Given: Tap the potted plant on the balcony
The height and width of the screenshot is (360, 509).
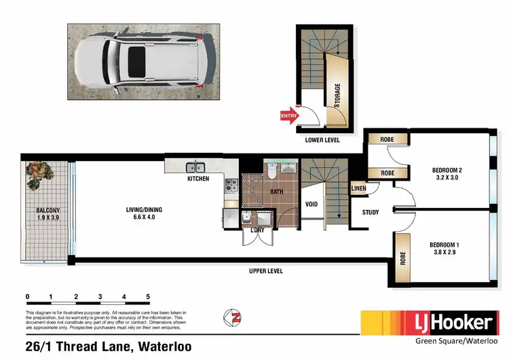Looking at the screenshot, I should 39,175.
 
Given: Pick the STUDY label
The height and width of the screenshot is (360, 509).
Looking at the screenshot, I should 370,212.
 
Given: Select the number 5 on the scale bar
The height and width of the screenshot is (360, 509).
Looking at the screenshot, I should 148,297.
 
